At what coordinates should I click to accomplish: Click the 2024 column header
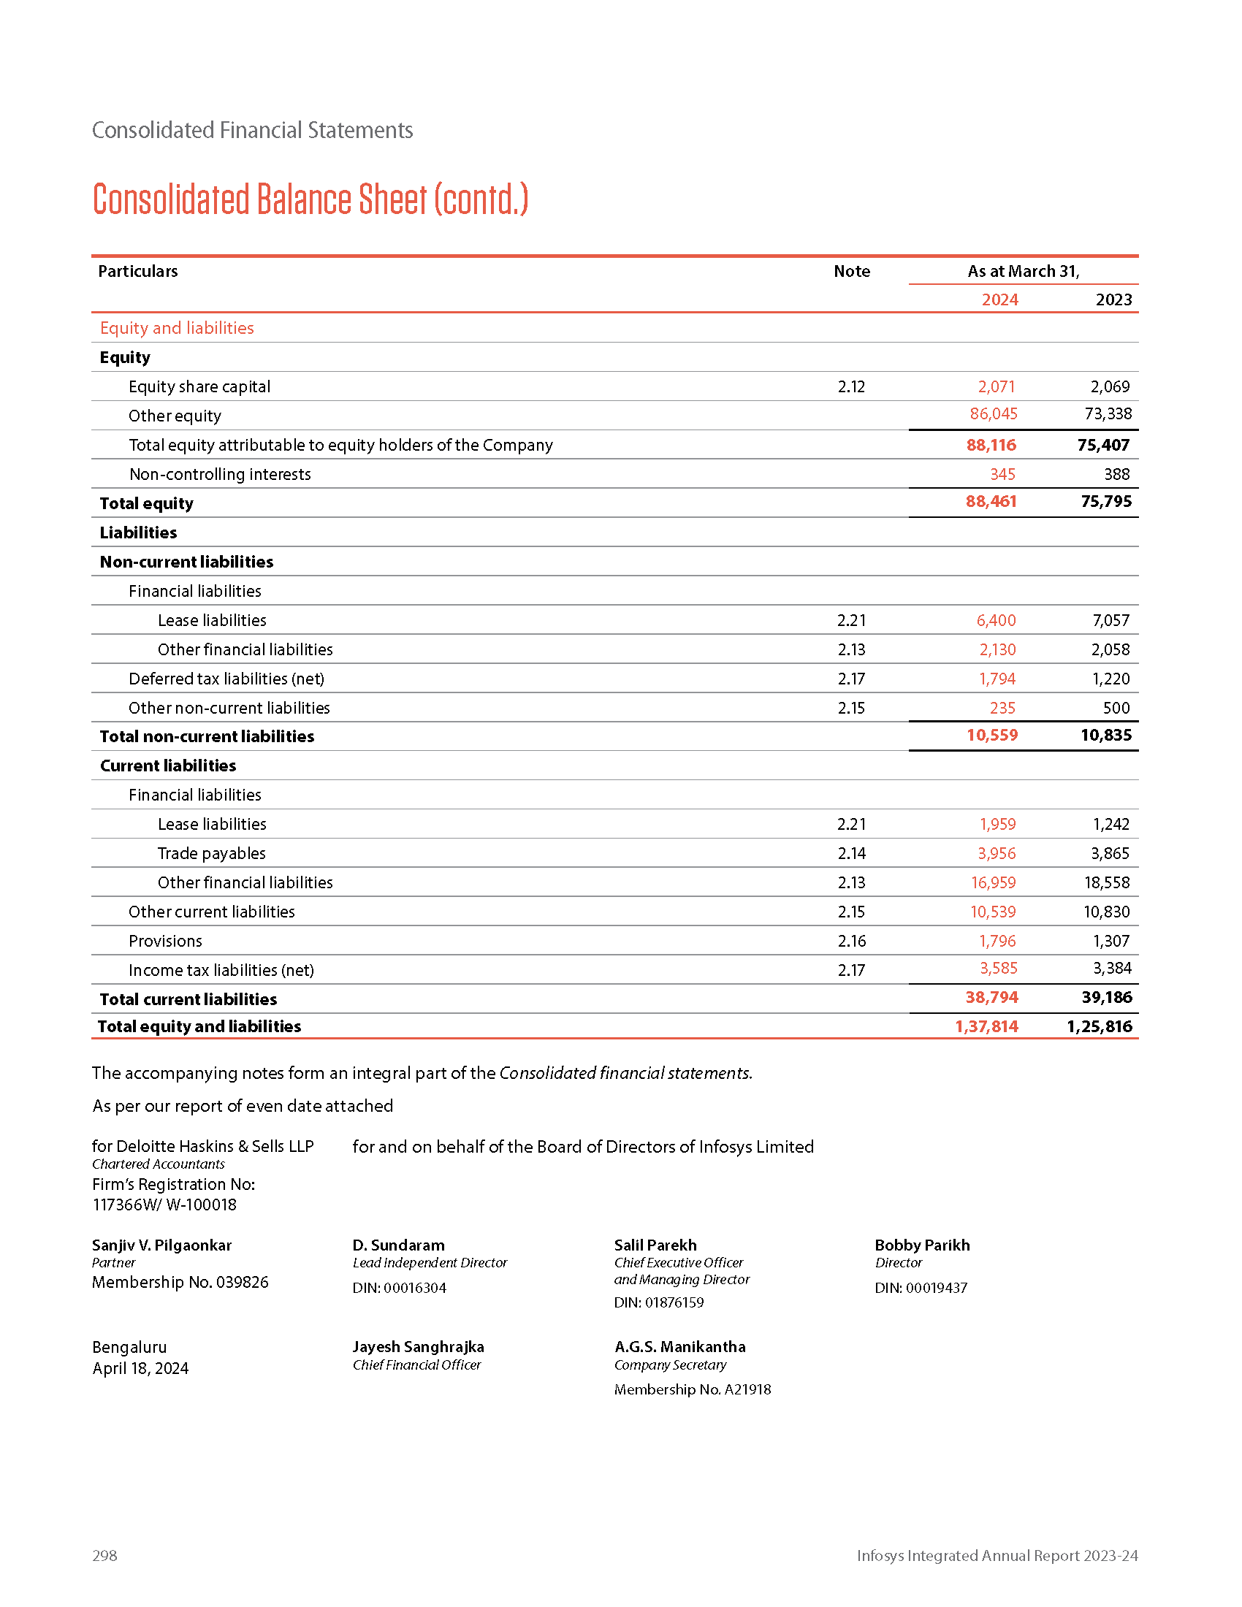[x=999, y=299]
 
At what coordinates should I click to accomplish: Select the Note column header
[x=851, y=271]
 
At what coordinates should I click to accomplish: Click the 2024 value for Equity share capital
[x=997, y=386]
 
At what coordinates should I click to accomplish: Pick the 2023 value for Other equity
[x=1108, y=413]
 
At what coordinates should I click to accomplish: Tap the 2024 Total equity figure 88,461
[x=991, y=501]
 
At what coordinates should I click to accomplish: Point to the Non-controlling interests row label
[x=220, y=474]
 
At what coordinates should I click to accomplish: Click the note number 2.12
[x=851, y=386]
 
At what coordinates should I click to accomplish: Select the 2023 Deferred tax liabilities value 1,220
[x=1110, y=679]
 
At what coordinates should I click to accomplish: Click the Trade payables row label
[x=211, y=852]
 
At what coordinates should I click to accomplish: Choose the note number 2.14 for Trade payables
[x=851, y=852]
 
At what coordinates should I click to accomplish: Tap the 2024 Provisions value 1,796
[x=997, y=940]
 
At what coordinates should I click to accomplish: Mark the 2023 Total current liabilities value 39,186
[x=1107, y=997]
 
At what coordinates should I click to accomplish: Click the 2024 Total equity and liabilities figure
[x=986, y=1026]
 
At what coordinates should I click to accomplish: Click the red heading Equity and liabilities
[x=177, y=328]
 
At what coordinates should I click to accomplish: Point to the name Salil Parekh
[x=655, y=1245]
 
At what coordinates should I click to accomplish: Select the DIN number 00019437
[x=936, y=1288]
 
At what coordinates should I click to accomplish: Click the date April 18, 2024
[x=140, y=1368]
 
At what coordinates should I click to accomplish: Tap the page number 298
[x=104, y=1555]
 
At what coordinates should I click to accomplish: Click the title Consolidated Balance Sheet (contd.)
[x=310, y=199]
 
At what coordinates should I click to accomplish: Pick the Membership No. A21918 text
[x=693, y=1389]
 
